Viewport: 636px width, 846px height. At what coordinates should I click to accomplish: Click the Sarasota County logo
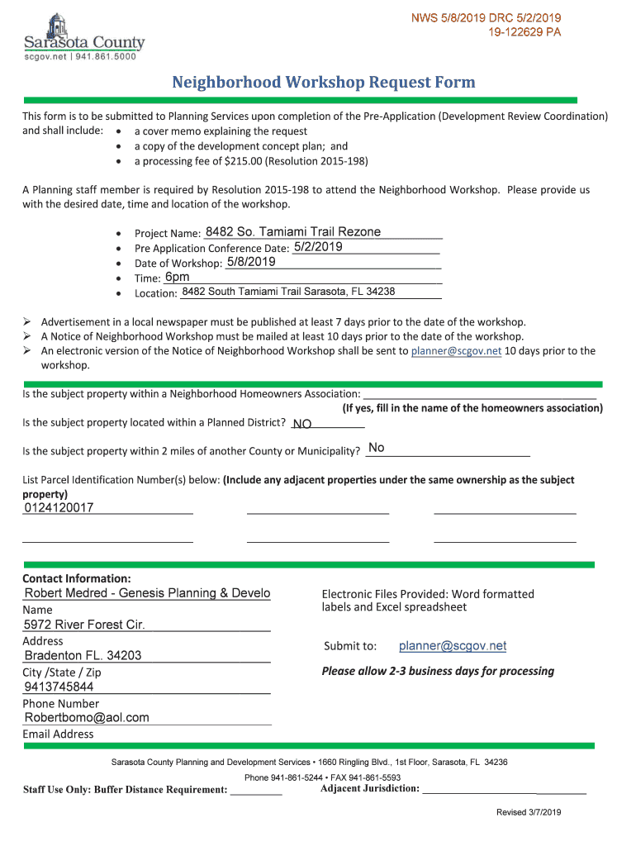[x=83, y=36]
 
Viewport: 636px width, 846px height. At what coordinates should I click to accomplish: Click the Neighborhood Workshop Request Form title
[x=323, y=82]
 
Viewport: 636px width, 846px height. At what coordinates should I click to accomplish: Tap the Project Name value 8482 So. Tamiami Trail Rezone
[x=292, y=232]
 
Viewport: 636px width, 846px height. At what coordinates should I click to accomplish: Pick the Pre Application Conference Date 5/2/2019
[x=318, y=247]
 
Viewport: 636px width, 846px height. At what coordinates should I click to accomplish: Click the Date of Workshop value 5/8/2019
[x=251, y=262]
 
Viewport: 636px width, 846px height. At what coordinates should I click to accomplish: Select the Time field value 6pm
[x=177, y=277]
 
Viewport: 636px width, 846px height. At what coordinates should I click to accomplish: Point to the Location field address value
[x=288, y=292]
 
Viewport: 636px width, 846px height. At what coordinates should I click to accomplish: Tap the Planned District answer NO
[x=302, y=424]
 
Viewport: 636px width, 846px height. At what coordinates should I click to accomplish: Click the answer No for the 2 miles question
[x=376, y=448]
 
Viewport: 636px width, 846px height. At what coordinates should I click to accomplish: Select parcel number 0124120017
[x=59, y=507]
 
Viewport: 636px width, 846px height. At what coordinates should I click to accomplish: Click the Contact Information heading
[x=77, y=578]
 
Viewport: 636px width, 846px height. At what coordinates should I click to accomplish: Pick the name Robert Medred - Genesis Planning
[x=147, y=593]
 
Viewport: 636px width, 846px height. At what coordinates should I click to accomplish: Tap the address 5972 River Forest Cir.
[x=84, y=625]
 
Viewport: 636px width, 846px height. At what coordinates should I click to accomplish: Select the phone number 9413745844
[x=59, y=687]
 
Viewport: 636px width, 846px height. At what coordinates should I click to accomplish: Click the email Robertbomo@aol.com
[x=87, y=717]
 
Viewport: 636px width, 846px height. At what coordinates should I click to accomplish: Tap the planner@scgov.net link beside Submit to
[x=453, y=646]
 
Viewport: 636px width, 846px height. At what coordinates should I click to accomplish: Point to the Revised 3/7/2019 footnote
[x=529, y=813]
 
